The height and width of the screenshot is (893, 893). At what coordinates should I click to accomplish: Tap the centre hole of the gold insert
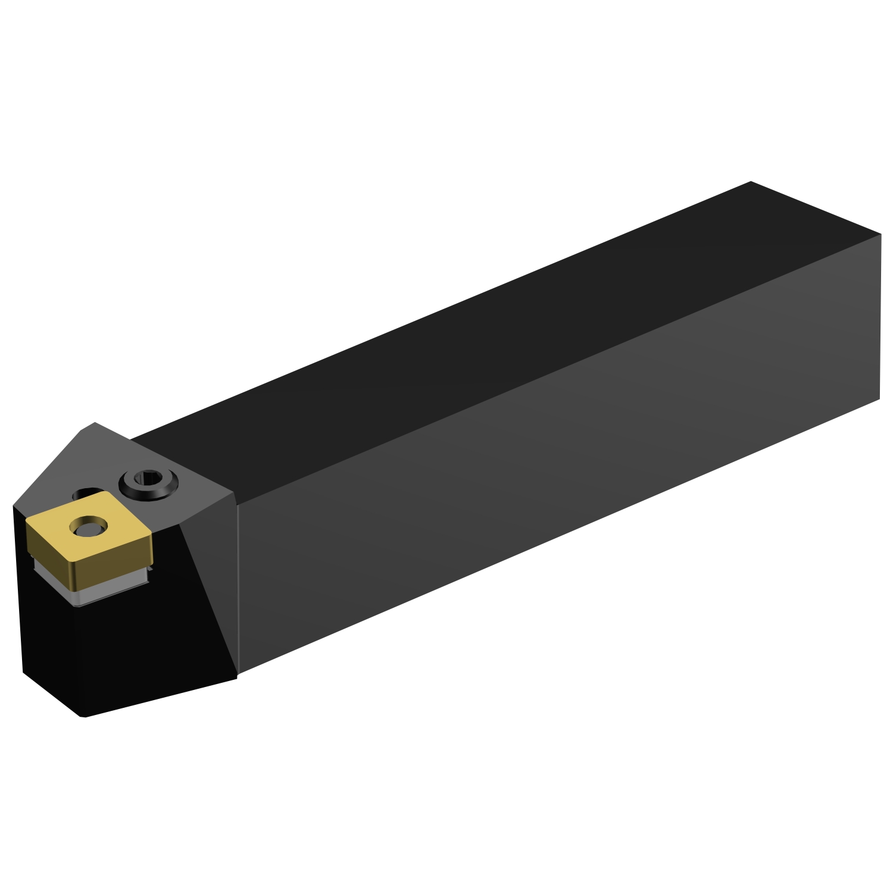88,526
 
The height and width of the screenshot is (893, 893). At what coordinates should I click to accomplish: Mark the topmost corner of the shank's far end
751,182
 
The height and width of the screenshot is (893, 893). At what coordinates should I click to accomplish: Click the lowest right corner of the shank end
879,399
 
